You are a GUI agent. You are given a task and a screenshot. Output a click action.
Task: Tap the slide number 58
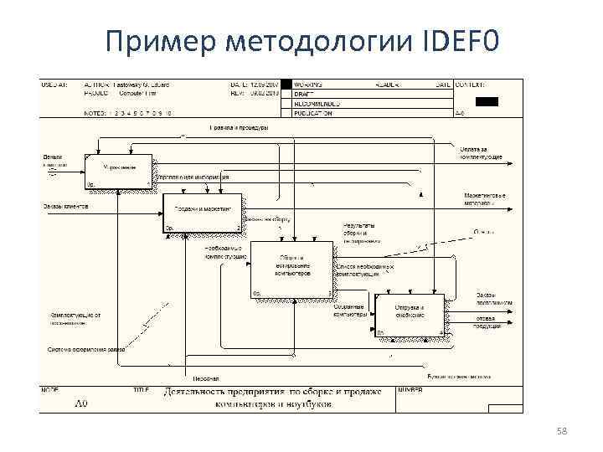561,430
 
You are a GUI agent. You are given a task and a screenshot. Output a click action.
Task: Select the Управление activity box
118,172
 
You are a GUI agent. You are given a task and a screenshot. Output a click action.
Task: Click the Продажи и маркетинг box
202,213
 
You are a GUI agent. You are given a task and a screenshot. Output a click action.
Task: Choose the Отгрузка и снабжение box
410,316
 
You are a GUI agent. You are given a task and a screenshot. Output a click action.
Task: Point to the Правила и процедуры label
239,128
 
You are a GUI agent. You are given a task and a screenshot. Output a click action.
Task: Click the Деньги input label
52,157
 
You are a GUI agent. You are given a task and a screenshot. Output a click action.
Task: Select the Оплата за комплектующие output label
481,153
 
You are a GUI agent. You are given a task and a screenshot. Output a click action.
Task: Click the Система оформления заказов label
85,349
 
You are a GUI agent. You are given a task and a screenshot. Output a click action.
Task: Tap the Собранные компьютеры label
350,311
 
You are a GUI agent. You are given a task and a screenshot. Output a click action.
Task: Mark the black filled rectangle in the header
487,101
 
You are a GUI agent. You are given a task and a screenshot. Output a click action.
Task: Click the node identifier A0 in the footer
81,403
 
